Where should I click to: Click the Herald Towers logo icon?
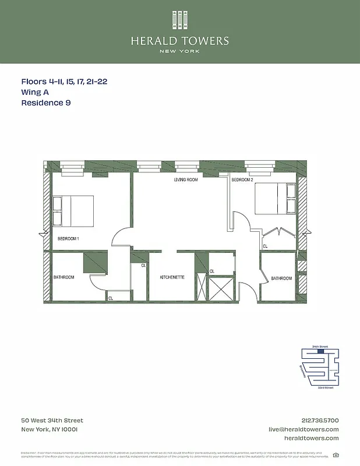point(180,20)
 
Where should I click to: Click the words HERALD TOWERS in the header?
point(180,41)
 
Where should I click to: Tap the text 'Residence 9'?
point(46,103)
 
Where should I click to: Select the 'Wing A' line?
point(36,92)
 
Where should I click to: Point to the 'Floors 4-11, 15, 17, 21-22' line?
point(64,82)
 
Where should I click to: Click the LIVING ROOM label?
point(186,180)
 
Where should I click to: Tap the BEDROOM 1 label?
point(68,239)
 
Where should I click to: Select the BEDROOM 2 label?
point(242,180)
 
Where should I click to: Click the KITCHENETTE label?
point(172,277)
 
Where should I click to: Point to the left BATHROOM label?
point(64,277)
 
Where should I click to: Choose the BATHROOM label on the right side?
point(281,278)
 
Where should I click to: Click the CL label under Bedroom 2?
point(265,246)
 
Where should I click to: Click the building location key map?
point(319,367)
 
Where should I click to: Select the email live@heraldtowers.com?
point(303,429)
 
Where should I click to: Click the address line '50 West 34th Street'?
point(52,421)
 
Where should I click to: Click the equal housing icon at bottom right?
point(336,455)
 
